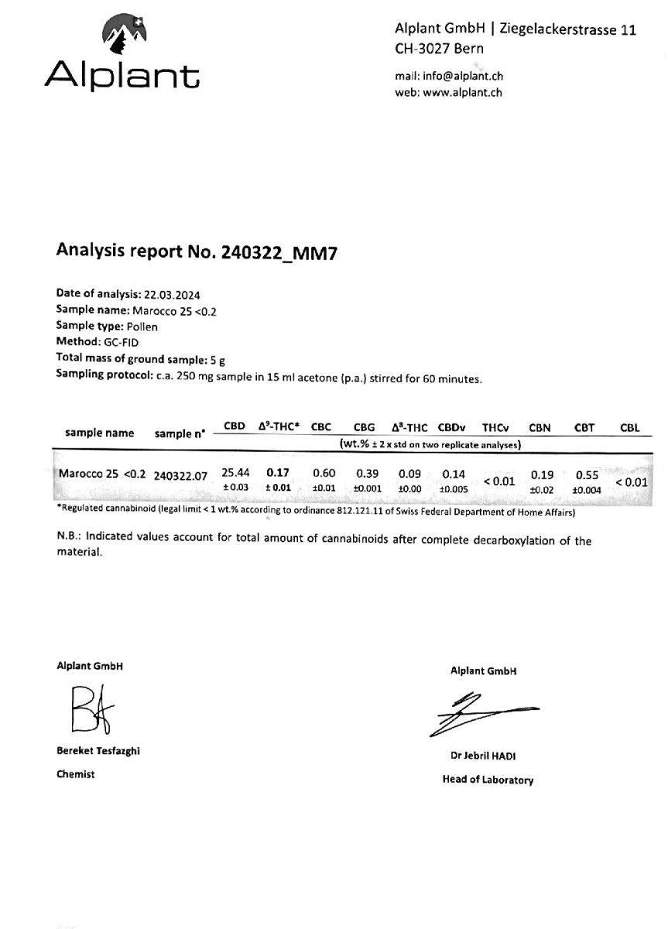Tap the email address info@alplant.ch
461,76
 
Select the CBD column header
235,427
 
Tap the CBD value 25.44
235,472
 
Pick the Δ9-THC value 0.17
279,472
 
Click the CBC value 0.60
324,472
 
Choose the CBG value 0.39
368,472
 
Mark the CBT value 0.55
587,475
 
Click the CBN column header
540,427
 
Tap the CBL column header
629,427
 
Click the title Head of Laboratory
488,780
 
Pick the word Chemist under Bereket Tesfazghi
75,773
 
